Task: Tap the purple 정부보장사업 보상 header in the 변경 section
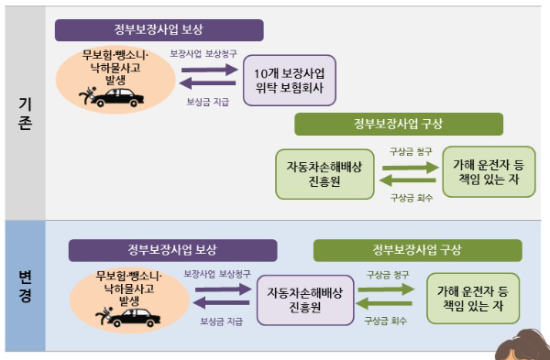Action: (173, 250)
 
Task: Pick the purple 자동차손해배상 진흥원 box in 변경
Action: (304, 299)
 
